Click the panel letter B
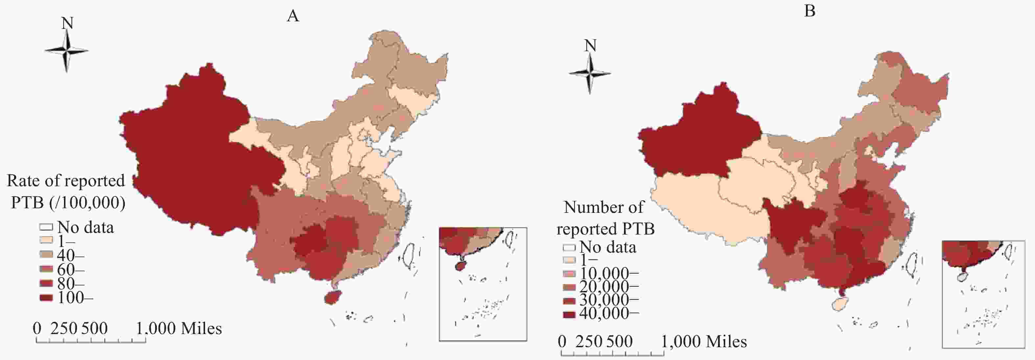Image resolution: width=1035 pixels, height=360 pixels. point(810,11)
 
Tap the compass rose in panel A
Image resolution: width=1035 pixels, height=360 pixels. point(67,51)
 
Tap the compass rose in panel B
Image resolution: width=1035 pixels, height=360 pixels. point(590,73)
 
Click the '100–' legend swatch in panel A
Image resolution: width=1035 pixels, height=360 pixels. point(46,298)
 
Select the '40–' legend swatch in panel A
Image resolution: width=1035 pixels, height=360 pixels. point(46,255)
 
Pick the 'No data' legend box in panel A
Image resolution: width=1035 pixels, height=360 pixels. point(46,227)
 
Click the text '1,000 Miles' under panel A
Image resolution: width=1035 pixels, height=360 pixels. point(179,329)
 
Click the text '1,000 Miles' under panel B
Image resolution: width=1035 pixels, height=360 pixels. point(704,342)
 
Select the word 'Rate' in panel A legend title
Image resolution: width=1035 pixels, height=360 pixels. point(23,181)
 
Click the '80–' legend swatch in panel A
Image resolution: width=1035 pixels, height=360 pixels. point(46,284)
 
